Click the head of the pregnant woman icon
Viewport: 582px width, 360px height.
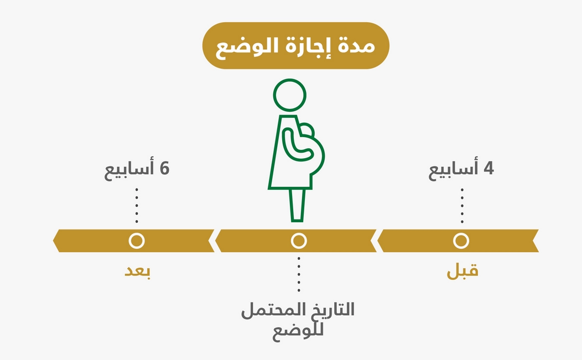[x=289, y=95]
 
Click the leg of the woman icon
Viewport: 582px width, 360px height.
[x=297, y=205]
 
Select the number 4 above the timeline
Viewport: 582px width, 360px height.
[x=488, y=169]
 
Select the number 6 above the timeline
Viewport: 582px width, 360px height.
[x=164, y=169]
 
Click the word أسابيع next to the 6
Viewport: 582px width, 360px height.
[x=129, y=170]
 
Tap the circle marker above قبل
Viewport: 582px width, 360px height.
[x=460, y=241]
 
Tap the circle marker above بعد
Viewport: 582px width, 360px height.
[x=136, y=241]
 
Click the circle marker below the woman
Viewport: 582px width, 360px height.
[x=299, y=241]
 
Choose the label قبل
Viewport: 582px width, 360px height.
[x=463, y=272]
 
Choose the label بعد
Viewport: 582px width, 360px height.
[x=137, y=272]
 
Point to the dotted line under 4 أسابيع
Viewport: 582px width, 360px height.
[x=462, y=205]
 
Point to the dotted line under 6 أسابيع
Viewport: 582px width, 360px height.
[x=137, y=205]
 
